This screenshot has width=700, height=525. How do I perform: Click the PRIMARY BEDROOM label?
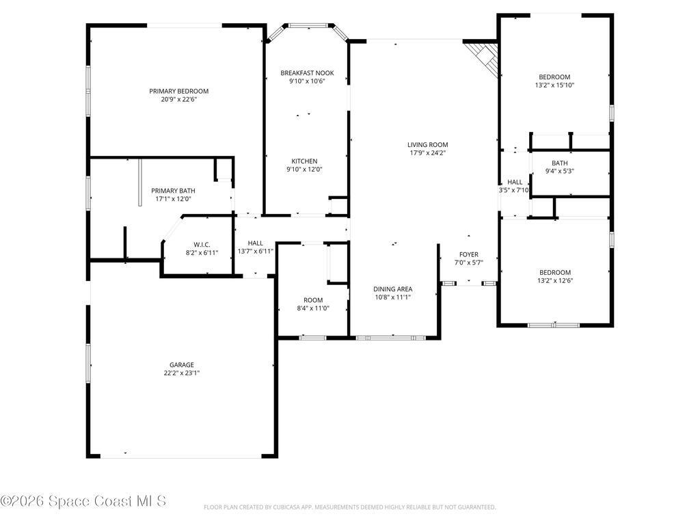(179, 91)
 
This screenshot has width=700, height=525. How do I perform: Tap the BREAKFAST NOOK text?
(307, 72)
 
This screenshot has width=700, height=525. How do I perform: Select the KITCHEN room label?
(304, 161)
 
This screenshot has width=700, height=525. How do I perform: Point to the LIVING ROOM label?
(427, 144)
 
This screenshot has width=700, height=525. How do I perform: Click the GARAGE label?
(182, 365)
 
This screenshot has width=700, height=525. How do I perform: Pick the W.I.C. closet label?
(202, 245)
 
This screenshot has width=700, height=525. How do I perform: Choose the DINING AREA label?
(392, 289)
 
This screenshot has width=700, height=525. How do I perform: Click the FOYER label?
(469, 254)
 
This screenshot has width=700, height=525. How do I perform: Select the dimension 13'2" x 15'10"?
(554, 85)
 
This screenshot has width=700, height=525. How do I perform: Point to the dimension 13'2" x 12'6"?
(554, 280)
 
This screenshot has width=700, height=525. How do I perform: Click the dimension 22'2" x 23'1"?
(182, 373)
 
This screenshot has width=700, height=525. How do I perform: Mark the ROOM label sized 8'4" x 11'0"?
(313, 300)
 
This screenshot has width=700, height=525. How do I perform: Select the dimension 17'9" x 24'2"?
(427, 152)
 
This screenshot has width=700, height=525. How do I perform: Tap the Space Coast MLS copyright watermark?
(83, 501)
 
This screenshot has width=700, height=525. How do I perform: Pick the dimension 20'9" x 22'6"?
(179, 99)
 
